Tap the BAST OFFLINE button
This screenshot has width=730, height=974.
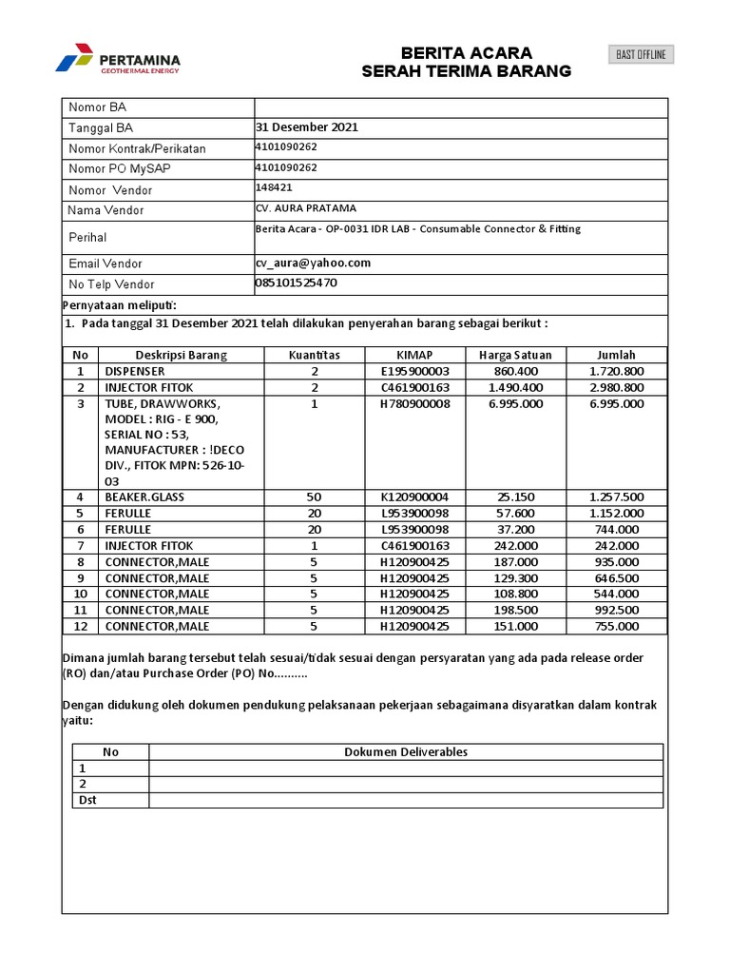pyautogui.click(x=642, y=55)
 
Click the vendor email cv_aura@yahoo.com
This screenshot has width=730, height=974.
pyautogui.click(x=313, y=263)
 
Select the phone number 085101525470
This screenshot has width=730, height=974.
pyautogui.click(x=296, y=283)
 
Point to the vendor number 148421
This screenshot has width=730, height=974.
pyautogui.click(x=274, y=187)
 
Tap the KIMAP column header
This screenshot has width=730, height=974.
pyautogui.click(x=414, y=355)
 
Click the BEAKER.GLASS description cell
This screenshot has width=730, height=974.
pyautogui.click(x=144, y=497)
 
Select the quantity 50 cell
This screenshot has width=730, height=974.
pyautogui.click(x=314, y=497)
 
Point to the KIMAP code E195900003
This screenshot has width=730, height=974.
pyautogui.click(x=414, y=371)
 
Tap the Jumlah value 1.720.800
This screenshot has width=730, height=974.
pyautogui.click(x=616, y=371)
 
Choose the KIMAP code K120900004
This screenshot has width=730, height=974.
pyautogui.click(x=414, y=497)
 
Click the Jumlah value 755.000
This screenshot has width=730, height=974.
pyautogui.click(x=616, y=626)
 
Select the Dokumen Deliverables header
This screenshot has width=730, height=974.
pyautogui.click(x=406, y=751)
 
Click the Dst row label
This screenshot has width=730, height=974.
pyautogui.click(x=87, y=800)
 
